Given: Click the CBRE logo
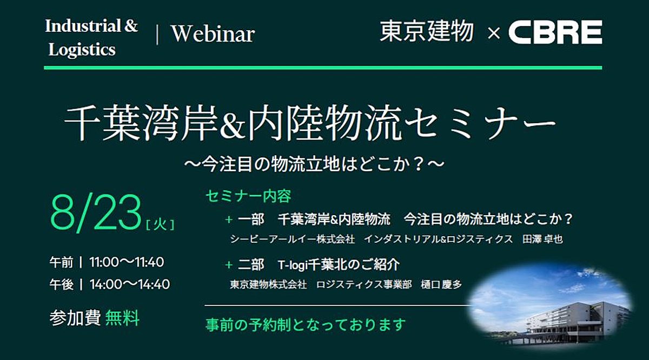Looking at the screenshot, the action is click(x=555, y=32).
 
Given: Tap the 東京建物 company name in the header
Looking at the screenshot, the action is click(x=427, y=31).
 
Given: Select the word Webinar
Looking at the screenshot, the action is click(x=213, y=34).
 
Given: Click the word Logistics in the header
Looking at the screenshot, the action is click(x=82, y=49).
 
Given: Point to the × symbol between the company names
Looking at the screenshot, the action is click(x=494, y=33).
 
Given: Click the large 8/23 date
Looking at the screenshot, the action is click(x=96, y=212).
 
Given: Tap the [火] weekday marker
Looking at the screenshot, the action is click(x=160, y=225).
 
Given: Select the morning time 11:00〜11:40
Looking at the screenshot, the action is click(x=127, y=262).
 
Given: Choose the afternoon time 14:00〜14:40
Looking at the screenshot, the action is click(x=129, y=284).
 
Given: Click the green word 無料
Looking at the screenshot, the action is click(x=122, y=318).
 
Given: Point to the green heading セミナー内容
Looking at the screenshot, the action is click(x=248, y=196).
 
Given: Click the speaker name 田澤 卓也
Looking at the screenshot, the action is click(x=542, y=239).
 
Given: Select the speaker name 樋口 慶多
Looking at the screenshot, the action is click(x=441, y=284).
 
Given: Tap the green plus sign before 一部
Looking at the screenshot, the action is click(x=229, y=220).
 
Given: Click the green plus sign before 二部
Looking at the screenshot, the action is click(x=229, y=265).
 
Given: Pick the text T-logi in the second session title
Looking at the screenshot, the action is click(x=292, y=265).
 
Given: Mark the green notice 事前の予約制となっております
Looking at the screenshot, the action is click(x=306, y=325).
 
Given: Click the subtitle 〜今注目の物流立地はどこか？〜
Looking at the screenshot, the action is click(x=314, y=164).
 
